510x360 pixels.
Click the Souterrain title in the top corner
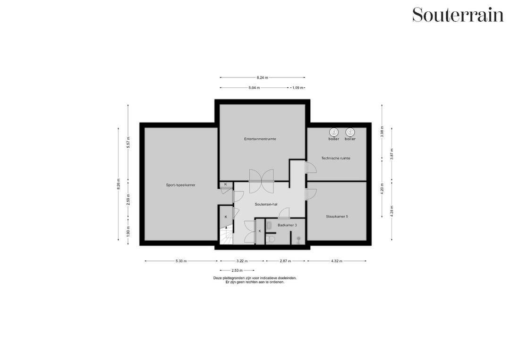458,15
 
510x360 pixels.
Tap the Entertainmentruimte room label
260,139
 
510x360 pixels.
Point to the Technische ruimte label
336,158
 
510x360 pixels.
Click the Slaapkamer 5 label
336,217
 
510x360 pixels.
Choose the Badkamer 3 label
287,225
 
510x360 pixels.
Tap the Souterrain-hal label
266,204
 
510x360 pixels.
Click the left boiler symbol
334,133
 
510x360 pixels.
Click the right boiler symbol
350,133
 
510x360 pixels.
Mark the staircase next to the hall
226,236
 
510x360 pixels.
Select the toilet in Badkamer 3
271,239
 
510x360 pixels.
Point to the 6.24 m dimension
262,77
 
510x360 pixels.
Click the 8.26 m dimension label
119,183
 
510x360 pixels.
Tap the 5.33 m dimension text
181,261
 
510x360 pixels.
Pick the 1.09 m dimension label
297,88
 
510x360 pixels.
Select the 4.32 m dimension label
336,261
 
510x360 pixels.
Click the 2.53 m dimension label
237,270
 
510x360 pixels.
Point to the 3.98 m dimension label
382,131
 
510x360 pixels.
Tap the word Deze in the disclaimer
218,278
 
